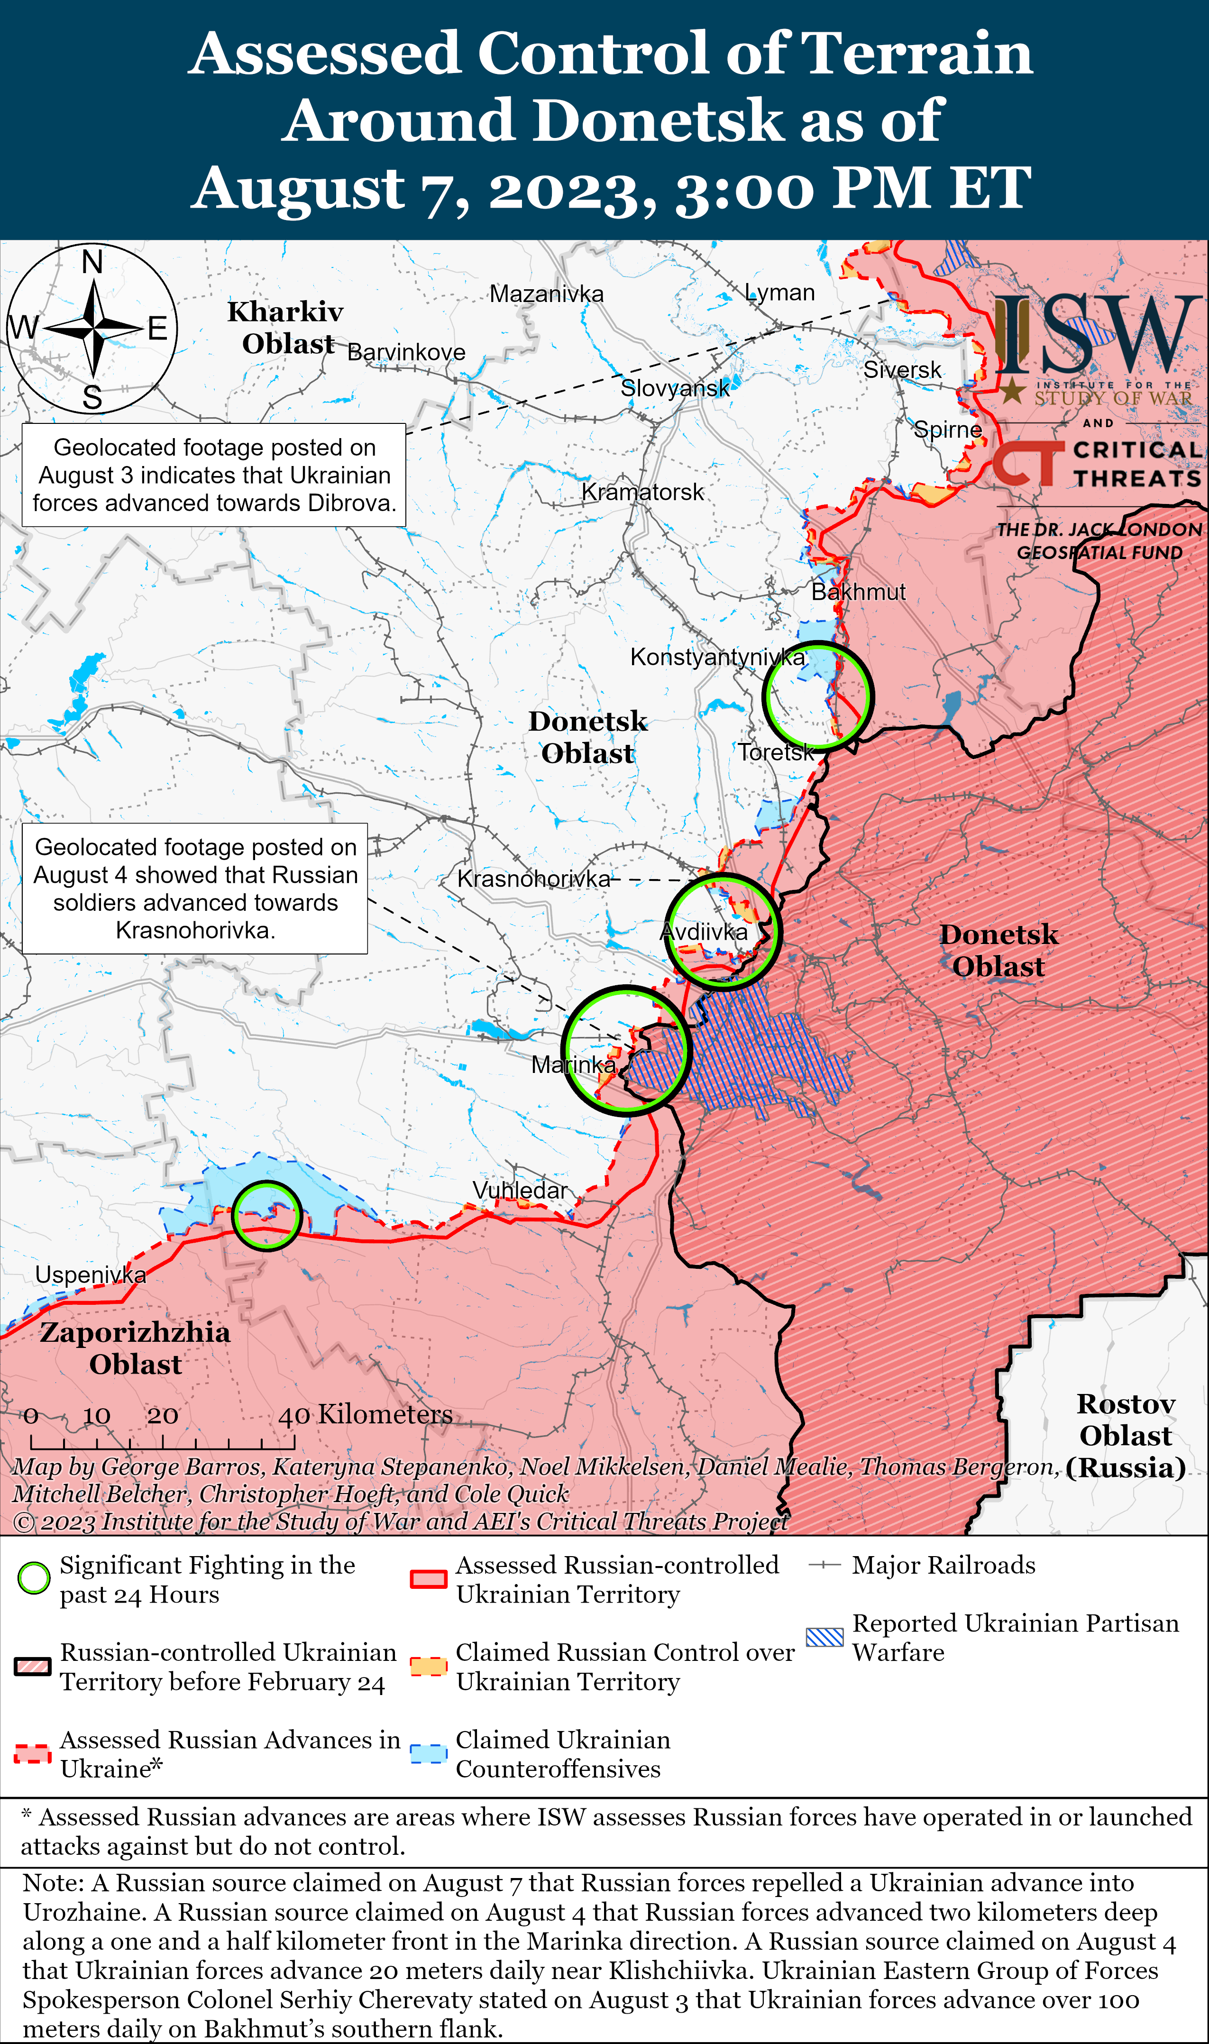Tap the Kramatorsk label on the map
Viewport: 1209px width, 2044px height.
642,492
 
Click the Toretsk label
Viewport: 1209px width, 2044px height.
776,752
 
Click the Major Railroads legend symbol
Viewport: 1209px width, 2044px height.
824,1565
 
